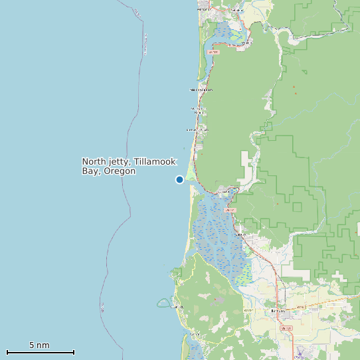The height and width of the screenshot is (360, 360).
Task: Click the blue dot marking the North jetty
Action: [x=179, y=179]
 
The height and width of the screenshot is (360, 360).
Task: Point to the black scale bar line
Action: [x=40, y=352]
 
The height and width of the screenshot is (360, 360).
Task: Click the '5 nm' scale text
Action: [x=39, y=345]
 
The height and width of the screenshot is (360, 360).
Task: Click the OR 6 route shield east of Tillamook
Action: [x=300, y=307]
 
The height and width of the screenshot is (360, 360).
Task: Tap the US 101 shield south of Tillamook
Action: [x=286, y=328]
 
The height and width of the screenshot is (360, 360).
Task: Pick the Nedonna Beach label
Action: [x=201, y=89]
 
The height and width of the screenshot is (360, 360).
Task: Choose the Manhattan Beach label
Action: [x=199, y=110]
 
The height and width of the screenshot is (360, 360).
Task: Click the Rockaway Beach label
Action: [x=197, y=130]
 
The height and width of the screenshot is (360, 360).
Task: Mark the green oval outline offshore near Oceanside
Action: [x=163, y=303]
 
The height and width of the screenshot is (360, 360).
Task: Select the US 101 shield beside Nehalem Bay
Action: [x=213, y=51]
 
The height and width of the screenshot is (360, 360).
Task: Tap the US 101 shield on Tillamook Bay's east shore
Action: [x=232, y=210]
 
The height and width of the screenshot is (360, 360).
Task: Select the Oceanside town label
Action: [x=176, y=307]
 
